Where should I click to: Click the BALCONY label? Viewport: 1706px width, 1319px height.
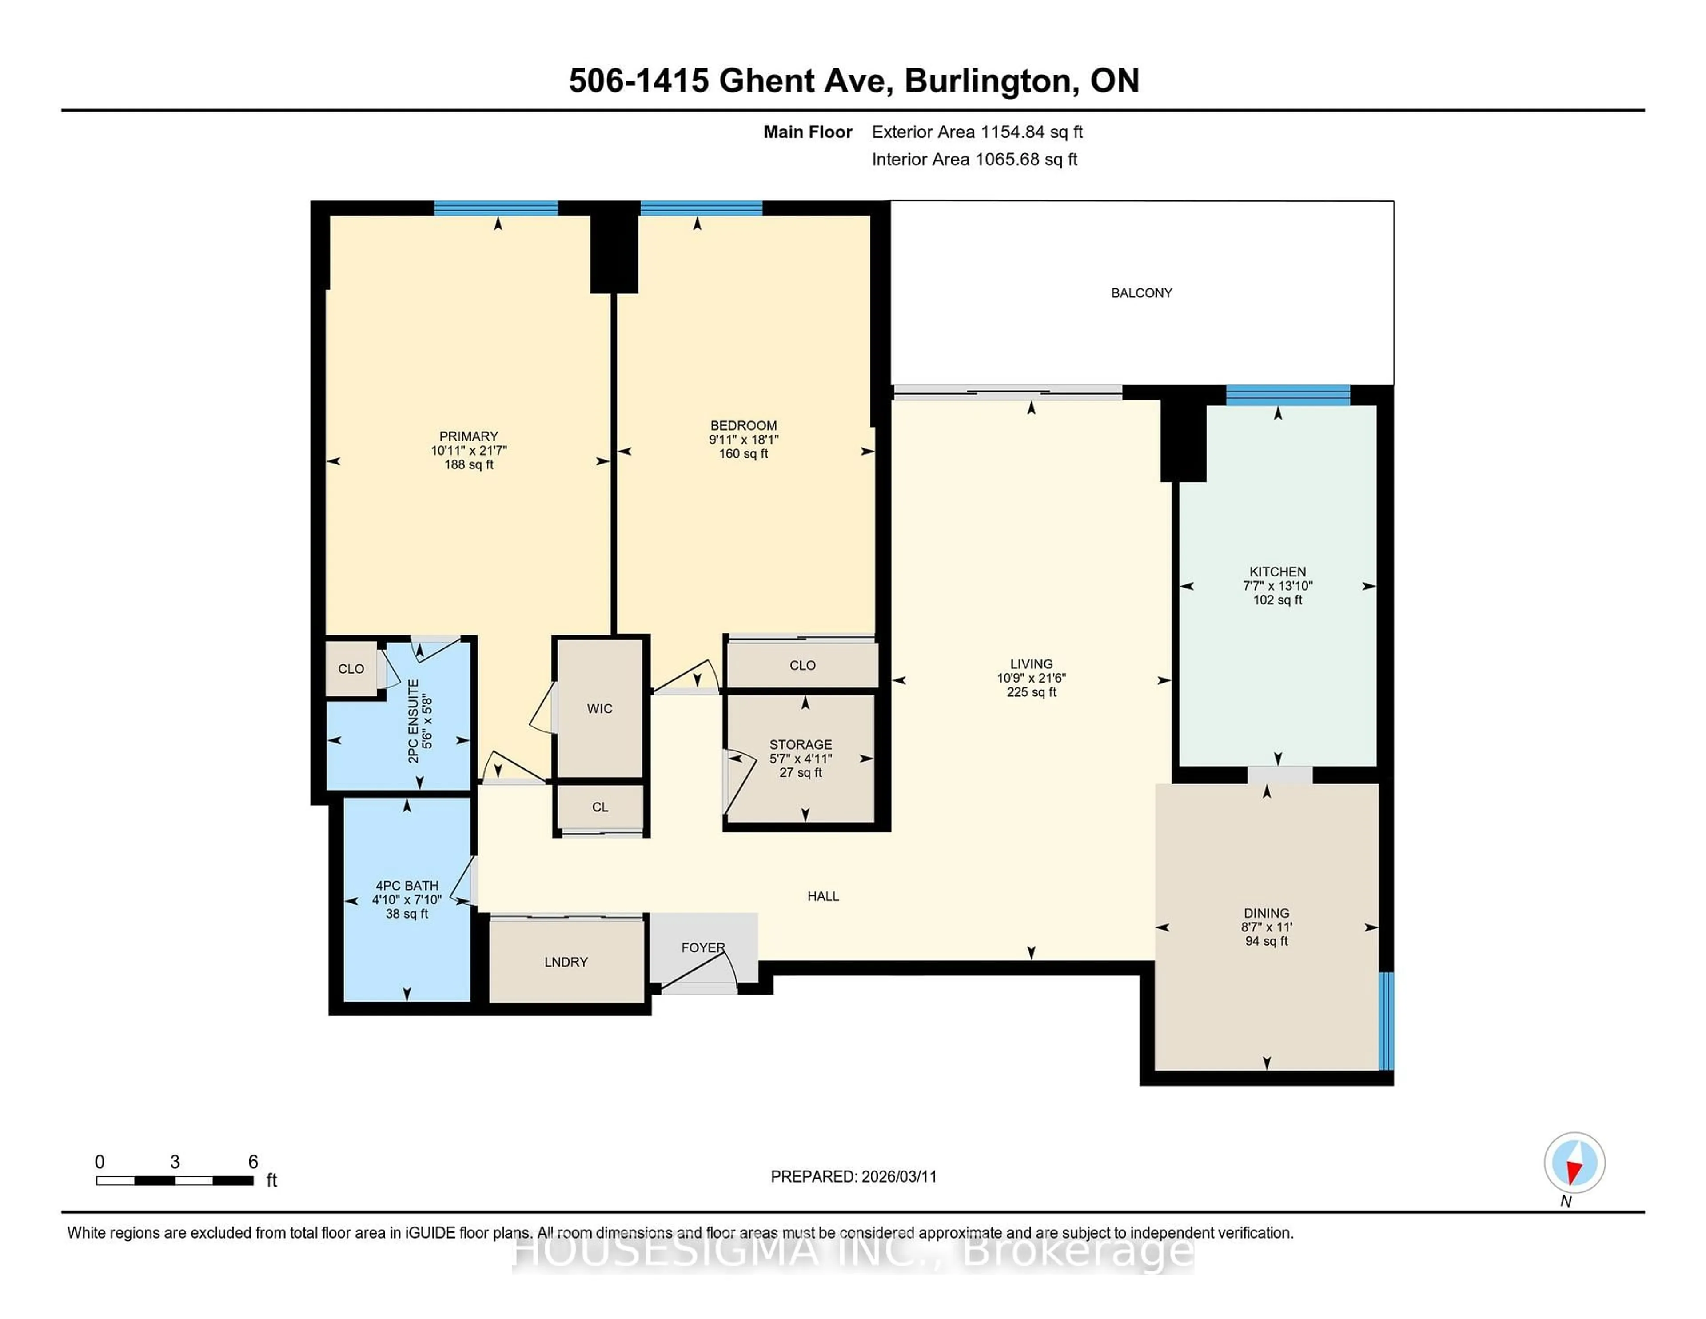pyautogui.click(x=1141, y=293)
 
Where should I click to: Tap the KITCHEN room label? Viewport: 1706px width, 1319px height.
pyautogui.click(x=1277, y=571)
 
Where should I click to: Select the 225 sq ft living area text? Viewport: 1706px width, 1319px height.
pyautogui.click(x=1031, y=692)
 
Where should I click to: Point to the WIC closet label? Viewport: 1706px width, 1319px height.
pyautogui.click(x=600, y=709)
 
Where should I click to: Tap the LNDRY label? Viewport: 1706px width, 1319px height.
pyautogui.click(x=566, y=962)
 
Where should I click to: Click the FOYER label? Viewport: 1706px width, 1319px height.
pyautogui.click(x=703, y=947)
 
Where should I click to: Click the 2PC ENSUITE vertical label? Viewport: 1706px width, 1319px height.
pyautogui.click(x=413, y=720)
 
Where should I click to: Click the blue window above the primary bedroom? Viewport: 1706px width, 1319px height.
pyautogui.click(x=496, y=208)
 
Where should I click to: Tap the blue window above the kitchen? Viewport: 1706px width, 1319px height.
pyautogui.click(x=1287, y=395)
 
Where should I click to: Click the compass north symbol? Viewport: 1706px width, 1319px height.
pyautogui.click(x=1574, y=1163)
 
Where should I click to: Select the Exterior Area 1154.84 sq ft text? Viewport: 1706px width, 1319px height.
pyautogui.click(x=977, y=132)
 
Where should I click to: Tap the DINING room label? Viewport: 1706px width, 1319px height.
pyautogui.click(x=1266, y=913)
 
